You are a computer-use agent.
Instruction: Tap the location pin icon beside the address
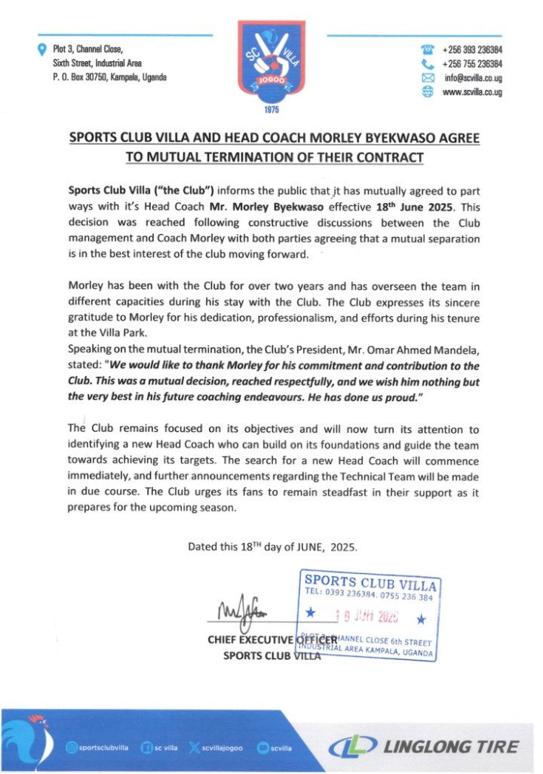[x=42, y=51]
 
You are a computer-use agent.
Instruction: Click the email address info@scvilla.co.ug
[x=473, y=77]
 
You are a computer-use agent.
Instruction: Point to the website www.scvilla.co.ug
[x=472, y=91]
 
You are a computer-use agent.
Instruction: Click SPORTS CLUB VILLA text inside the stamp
[x=370, y=582]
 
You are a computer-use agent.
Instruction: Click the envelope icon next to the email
[x=429, y=78]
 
